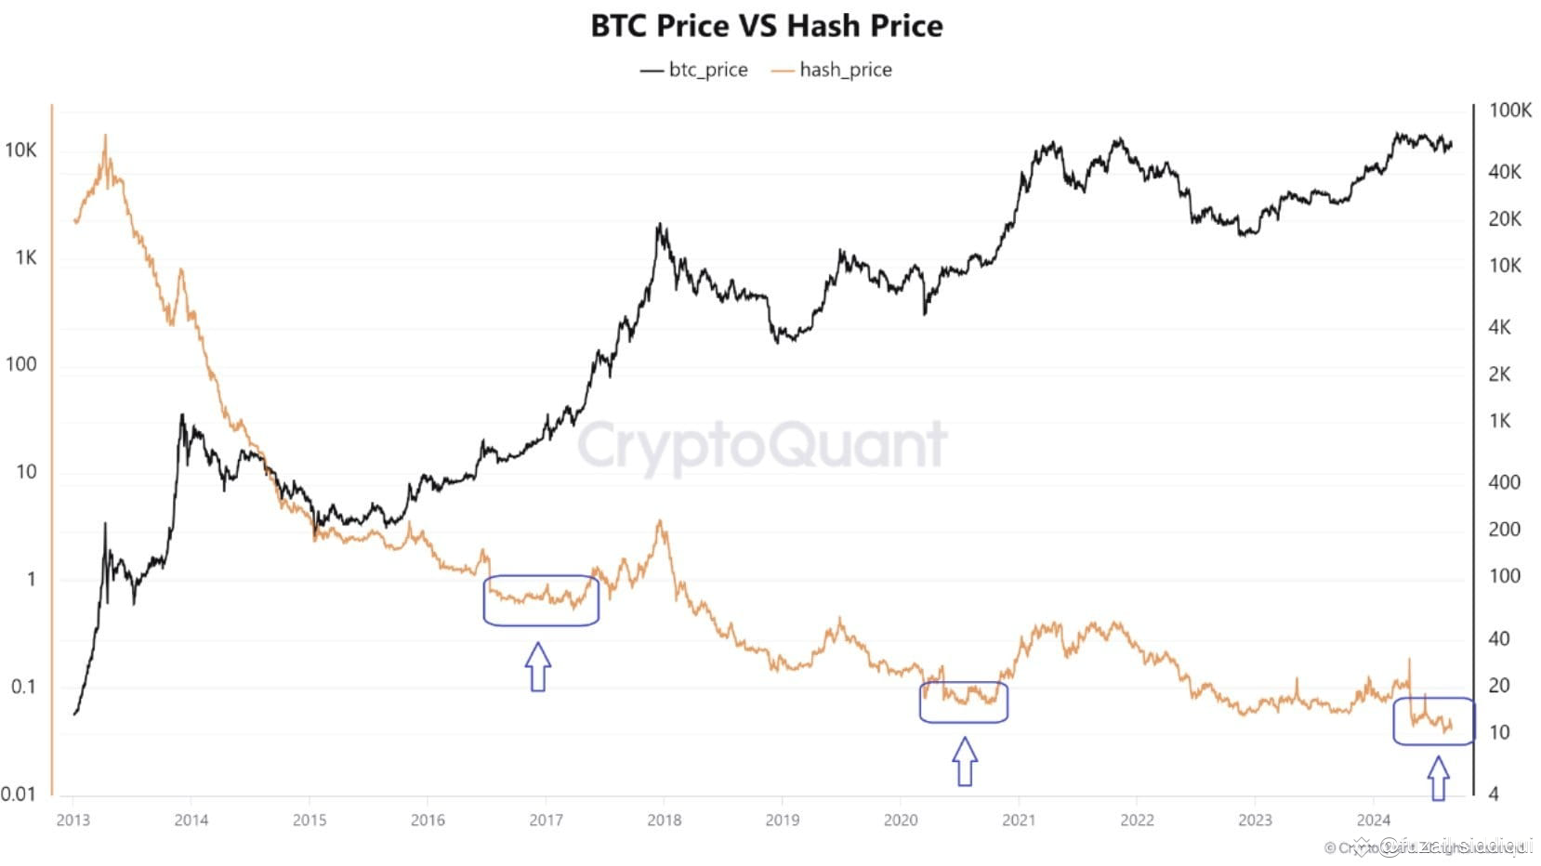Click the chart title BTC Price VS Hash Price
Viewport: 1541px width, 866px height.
click(767, 26)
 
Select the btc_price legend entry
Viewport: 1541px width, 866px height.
click(694, 70)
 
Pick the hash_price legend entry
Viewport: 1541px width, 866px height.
click(833, 70)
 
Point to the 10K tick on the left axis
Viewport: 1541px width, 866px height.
click(20, 151)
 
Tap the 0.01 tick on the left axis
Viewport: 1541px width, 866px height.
click(19, 794)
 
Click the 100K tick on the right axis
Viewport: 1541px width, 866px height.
click(1509, 111)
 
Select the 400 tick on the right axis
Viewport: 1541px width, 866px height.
click(1504, 482)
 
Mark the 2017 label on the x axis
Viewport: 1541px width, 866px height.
click(546, 820)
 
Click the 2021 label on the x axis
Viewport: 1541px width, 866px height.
click(1019, 820)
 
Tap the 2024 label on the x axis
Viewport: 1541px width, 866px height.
click(1374, 820)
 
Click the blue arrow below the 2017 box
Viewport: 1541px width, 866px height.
click(538, 666)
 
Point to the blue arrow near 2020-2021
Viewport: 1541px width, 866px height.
click(965, 761)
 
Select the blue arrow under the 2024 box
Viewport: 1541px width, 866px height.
click(1438, 778)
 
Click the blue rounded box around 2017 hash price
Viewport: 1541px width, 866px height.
click(541, 600)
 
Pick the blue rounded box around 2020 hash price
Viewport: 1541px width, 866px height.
click(964, 702)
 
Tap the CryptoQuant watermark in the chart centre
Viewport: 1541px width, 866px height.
click(762, 446)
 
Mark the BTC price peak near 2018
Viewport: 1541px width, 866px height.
click(659, 226)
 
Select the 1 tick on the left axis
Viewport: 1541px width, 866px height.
click(31, 579)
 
